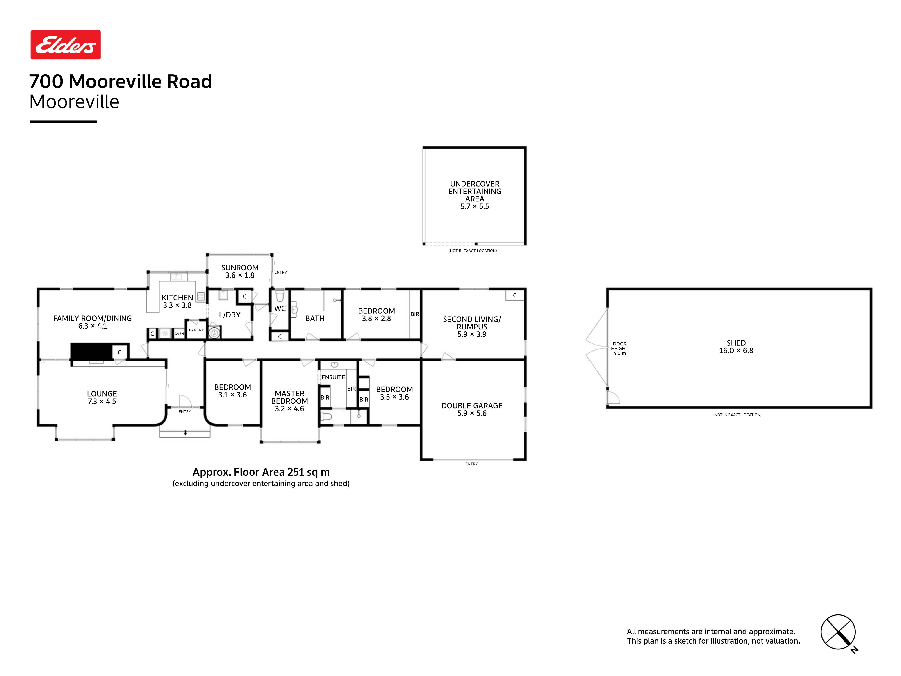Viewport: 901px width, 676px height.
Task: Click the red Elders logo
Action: tap(66, 45)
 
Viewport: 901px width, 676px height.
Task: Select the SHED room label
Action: tap(736, 343)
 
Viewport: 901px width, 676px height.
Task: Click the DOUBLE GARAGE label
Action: tap(472, 406)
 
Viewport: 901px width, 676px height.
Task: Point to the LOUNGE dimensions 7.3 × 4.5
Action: tap(102, 401)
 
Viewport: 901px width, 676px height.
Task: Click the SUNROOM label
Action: tap(240, 268)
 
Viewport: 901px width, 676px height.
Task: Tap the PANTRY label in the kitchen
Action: tap(196, 330)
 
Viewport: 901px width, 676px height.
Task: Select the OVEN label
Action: tap(179, 334)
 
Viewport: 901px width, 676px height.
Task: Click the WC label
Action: tap(280, 308)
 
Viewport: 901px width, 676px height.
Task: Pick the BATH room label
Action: tap(315, 318)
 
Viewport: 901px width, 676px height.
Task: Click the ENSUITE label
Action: tap(333, 377)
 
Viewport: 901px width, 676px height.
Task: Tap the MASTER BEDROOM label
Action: tap(290, 397)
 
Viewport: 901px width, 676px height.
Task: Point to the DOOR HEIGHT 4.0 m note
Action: tap(619, 348)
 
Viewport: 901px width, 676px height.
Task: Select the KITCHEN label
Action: tap(177, 298)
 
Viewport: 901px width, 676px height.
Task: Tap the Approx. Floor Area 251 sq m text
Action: tap(261, 472)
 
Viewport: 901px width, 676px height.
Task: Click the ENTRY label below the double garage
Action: tap(472, 464)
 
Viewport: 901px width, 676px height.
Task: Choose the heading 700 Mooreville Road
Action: tap(121, 82)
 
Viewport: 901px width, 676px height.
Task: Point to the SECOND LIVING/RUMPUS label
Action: tap(472, 323)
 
